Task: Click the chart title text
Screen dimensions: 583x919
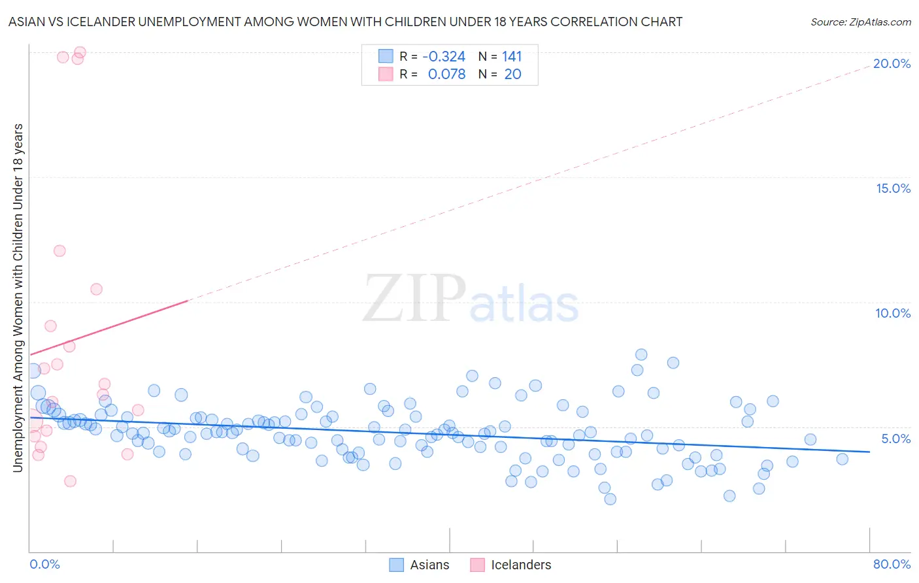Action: pyautogui.click(x=345, y=22)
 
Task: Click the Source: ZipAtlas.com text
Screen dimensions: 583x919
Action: pyautogui.click(x=860, y=22)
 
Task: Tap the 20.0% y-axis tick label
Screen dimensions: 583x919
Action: pyautogui.click(x=892, y=63)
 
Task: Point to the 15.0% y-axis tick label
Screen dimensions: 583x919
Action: pyautogui.click(x=893, y=188)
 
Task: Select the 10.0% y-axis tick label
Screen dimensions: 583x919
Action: pyautogui.click(x=893, y=313)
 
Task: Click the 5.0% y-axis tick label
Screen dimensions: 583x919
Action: pyautogui.click(x=895, y=439)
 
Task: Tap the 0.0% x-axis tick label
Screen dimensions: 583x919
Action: pyautogui.click(x=44, y=564)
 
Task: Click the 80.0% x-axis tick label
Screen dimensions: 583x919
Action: pyautogui.click(x=892, y=564)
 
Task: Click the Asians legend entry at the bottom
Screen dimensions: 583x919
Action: pyautogui.click(x=420, y=565)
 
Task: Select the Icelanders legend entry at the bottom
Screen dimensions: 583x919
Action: pyautogui.click(x=511, y=565)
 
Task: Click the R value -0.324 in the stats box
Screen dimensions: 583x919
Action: pyautogui.click(x=444, y=57)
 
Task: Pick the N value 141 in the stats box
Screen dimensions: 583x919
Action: pyautogui.click(x=512, y=57)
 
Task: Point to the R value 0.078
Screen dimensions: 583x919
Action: pyautogui.click(x=446, y=75)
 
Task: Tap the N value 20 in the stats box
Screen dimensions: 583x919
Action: pyautogui.click(x=512, y=75)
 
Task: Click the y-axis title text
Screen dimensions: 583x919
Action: pyautogui.click(x=18, y=297)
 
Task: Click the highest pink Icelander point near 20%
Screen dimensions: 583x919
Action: pyautogui.click(x=80, y=52)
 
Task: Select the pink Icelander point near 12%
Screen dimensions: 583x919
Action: pyautogui.click(x=59, y=251)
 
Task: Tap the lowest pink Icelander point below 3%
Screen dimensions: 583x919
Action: pyautogui.click(x=70, y=481)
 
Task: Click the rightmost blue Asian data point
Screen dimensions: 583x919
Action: pyautogui.click(x=842, y=459)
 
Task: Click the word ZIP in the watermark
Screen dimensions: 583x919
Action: pyautogui.click(x=414, y=299)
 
